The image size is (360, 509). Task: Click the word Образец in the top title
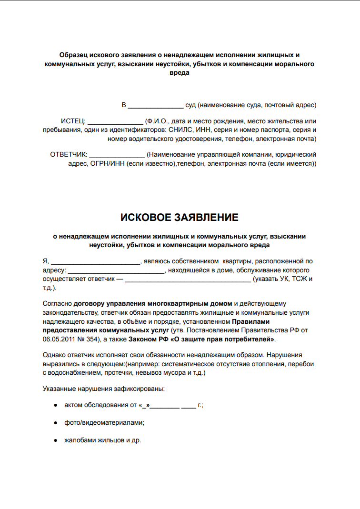pos(73,55)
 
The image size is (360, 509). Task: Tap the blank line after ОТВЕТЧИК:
pos(117,155)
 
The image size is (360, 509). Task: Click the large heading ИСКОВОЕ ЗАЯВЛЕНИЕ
pos(180,218)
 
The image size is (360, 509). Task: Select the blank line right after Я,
pos(95,261)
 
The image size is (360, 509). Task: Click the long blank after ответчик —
pos(188,279)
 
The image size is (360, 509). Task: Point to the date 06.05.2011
pos(59,339)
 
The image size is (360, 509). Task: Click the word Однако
pos(56,355)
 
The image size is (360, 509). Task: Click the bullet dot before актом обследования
pos(55,405)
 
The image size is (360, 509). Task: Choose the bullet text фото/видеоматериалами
pos(104,422)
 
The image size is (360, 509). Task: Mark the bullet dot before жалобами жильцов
pos(55,440)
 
